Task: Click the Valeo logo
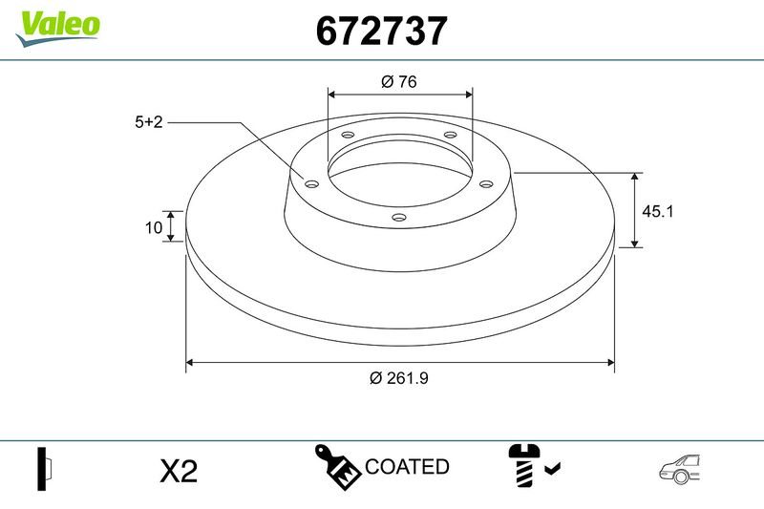point(57,25)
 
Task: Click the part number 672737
point(381,32)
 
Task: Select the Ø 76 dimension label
point(399,82)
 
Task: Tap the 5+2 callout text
point(149,122)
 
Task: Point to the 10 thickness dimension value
point(152,227)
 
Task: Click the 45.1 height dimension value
point(658,211)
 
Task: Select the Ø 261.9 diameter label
point(398,377)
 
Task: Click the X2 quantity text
point(178,471)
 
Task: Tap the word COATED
point(407,467)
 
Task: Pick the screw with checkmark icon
point(532,466)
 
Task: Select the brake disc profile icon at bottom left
point(44,469)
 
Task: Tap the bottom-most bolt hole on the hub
point(399,219)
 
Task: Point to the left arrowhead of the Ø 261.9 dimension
point(190,363)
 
